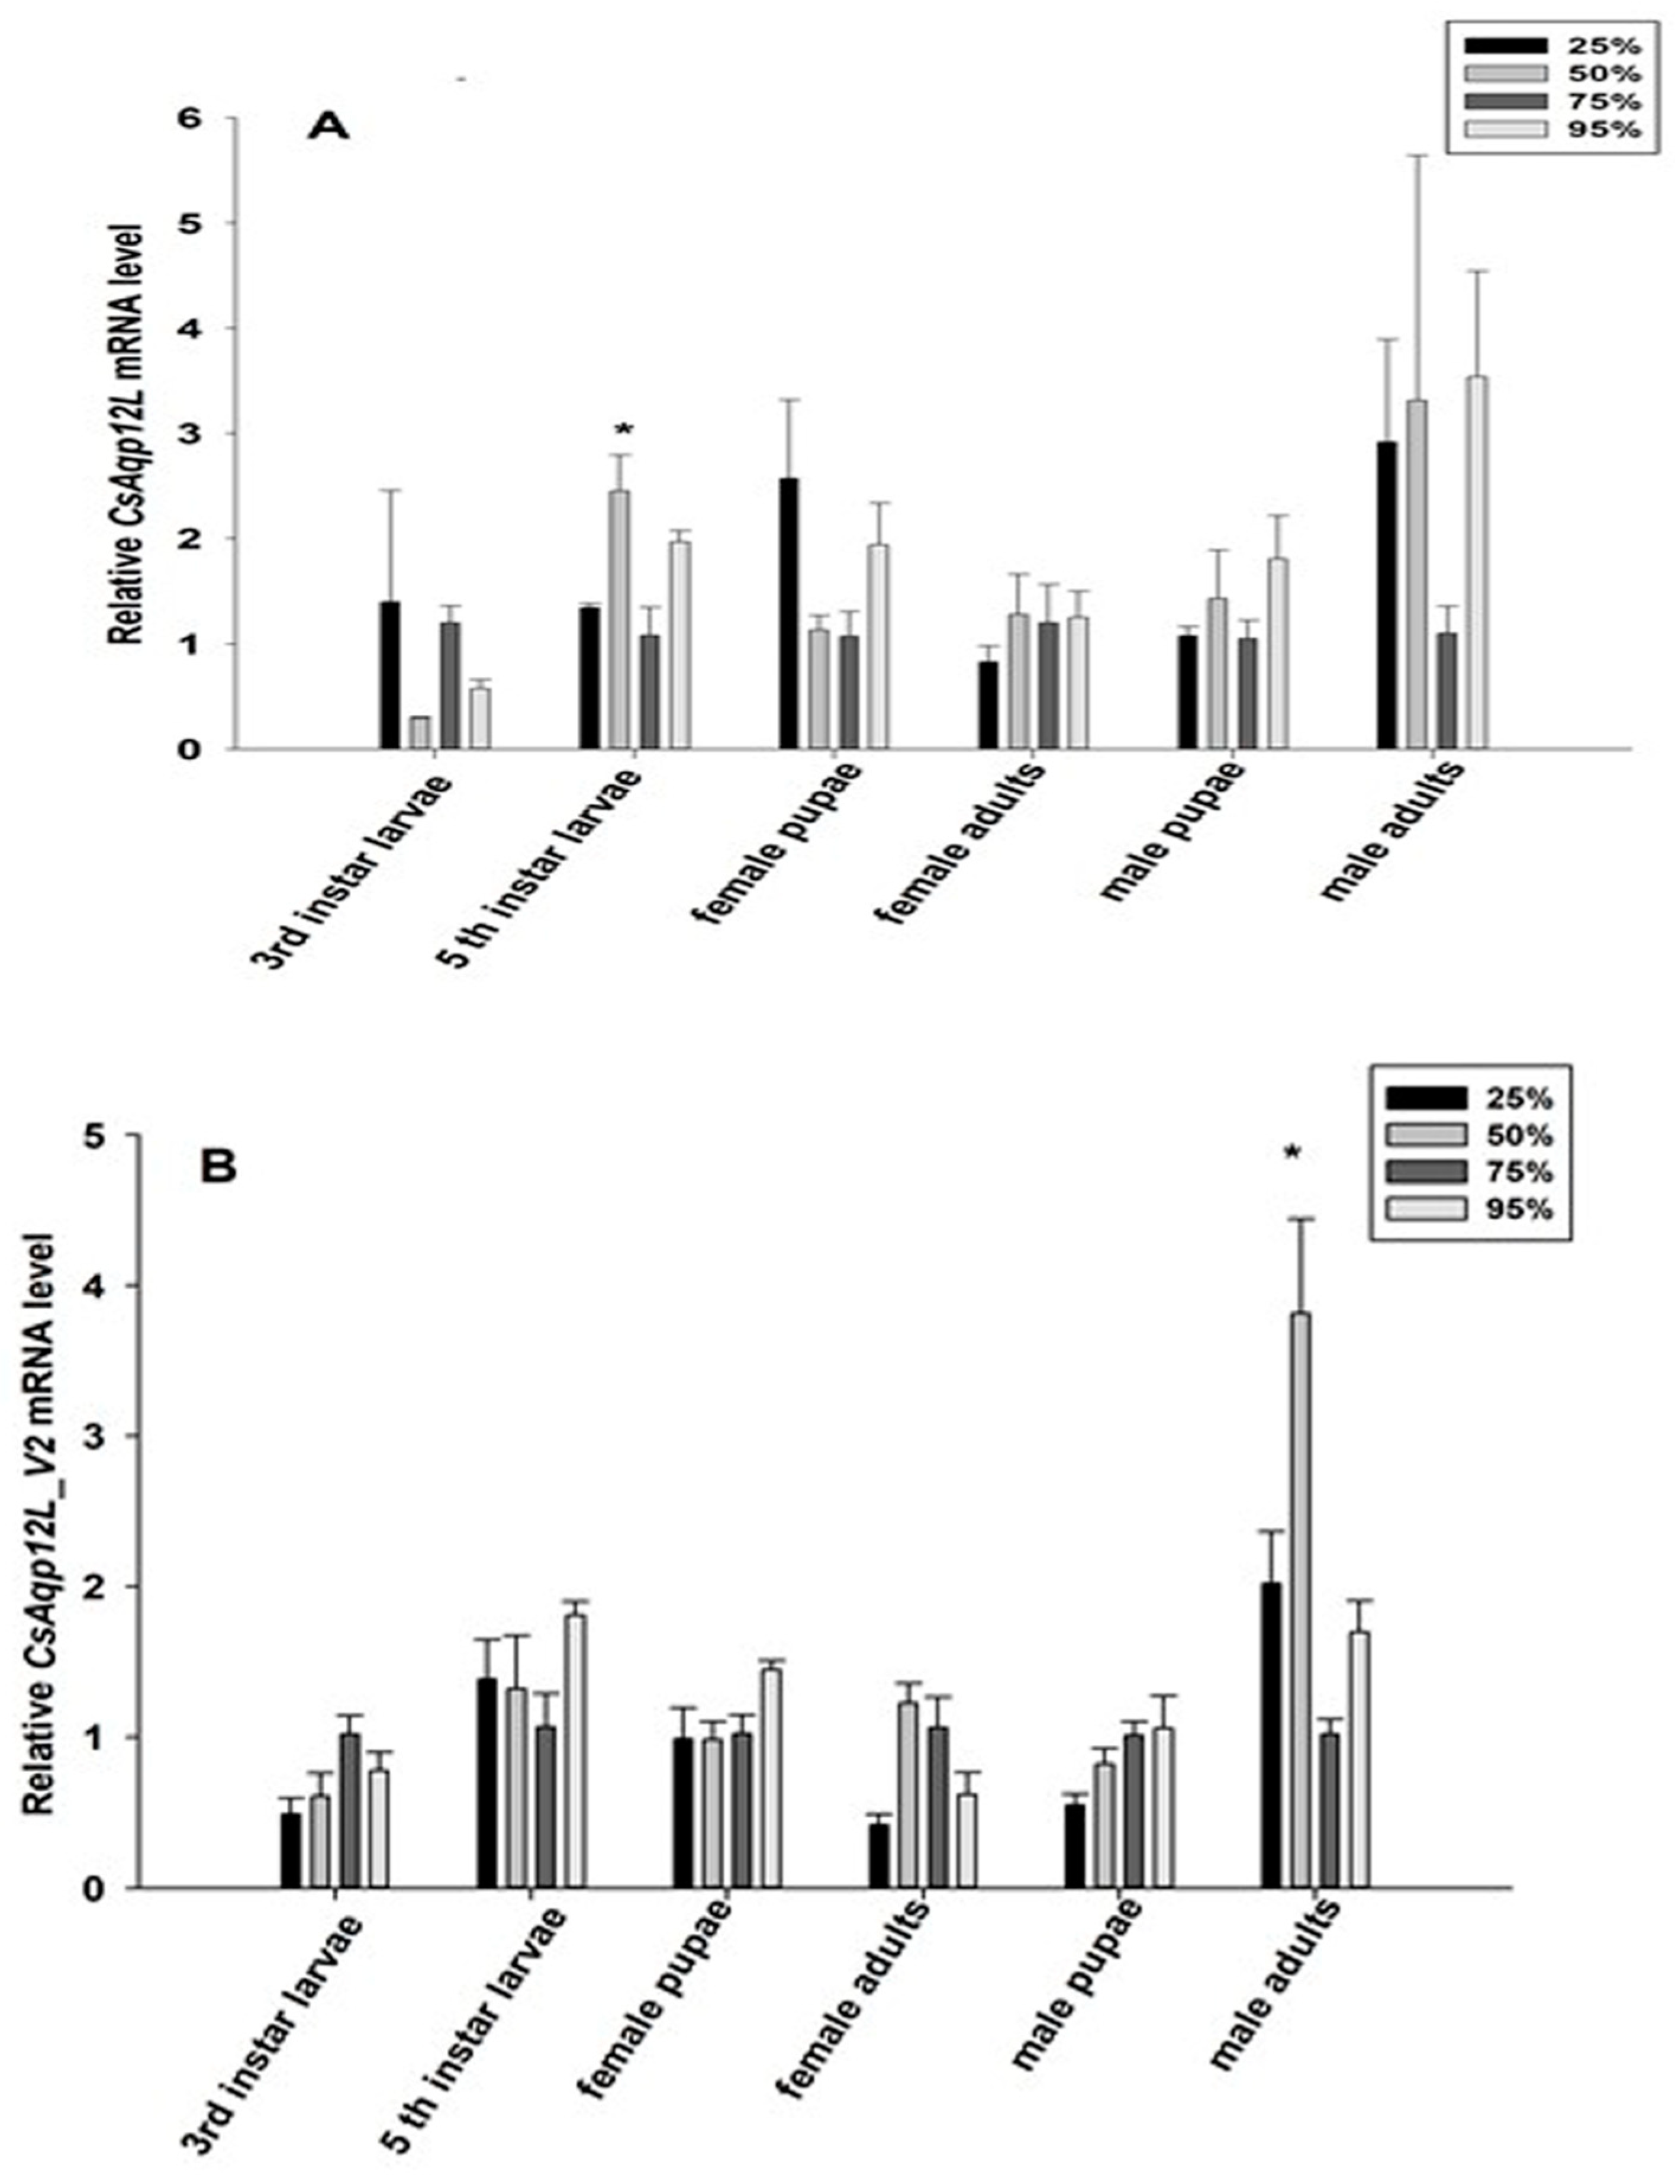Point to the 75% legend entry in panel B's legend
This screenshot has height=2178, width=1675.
pos(1468,1171)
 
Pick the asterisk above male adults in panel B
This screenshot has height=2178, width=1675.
pos(1292,1154)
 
